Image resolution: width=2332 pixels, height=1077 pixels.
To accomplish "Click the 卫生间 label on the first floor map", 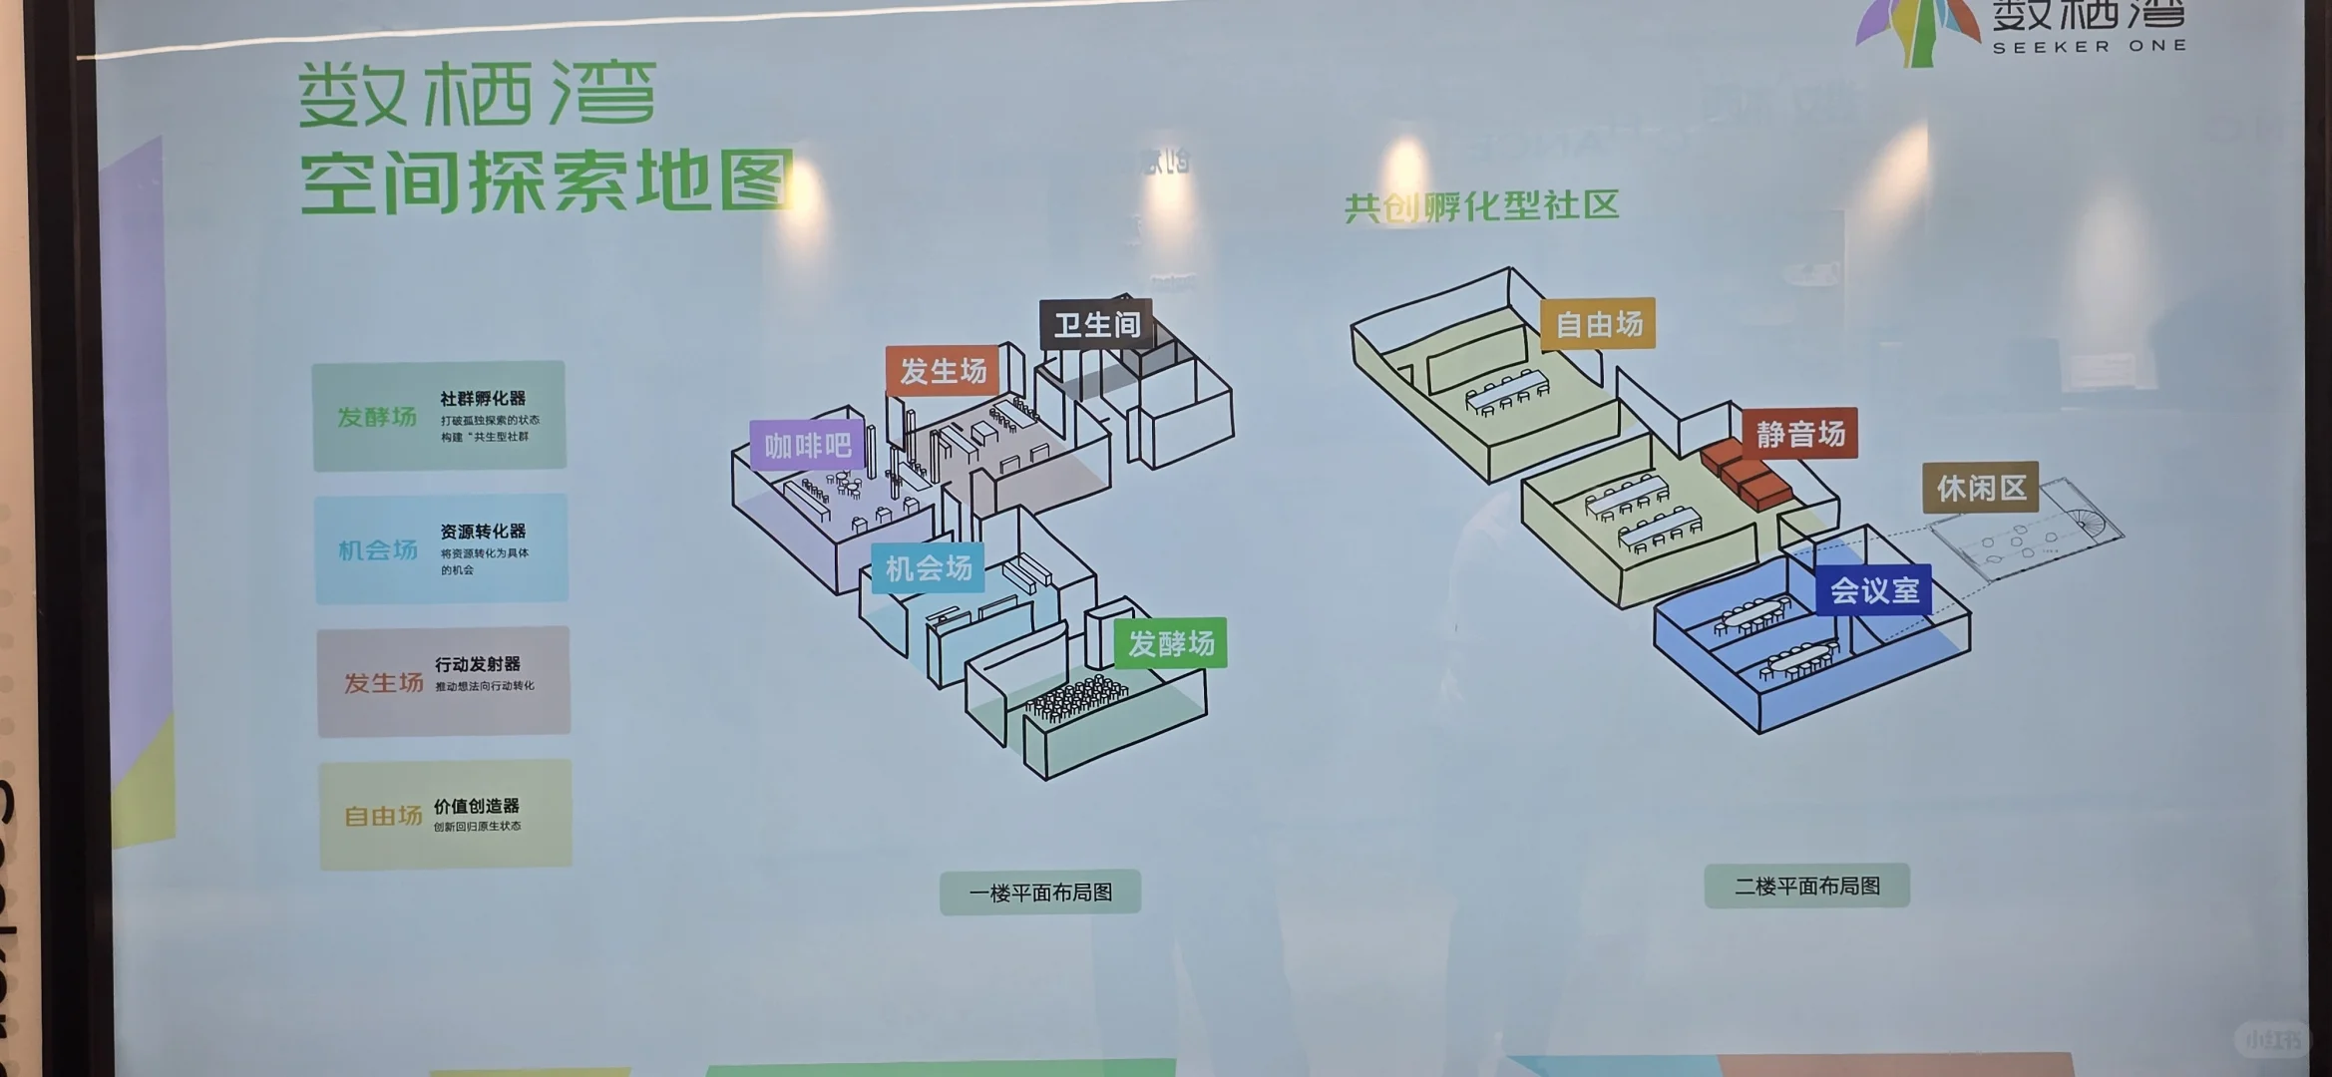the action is tap(1096, 324).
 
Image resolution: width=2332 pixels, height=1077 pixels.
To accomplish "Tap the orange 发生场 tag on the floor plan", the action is tap(943, 371).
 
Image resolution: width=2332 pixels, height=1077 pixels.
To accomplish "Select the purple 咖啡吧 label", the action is tap(807, 445).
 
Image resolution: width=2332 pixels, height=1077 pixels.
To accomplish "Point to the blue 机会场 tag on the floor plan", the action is tap(928, 568).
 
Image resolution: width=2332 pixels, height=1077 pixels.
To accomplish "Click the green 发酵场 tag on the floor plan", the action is tap(1171, 643).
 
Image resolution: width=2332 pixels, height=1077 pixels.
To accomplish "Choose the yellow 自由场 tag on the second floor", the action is tap(1598, 324).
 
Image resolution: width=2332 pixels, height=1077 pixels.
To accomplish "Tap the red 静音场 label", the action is tap(1799, 434).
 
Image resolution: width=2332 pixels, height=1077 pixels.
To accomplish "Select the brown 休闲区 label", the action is tap(1980, 488).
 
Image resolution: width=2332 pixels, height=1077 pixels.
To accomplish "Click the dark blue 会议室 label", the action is tap(1873, 590).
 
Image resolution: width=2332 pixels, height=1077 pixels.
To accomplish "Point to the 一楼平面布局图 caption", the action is tap(1040, 893).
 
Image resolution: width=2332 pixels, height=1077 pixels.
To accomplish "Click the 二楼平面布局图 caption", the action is tap(1806, 886).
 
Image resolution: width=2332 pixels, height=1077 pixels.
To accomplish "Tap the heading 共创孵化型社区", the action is tap(1481, 206).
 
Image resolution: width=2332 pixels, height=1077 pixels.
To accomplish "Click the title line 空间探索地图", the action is tap(547, 181).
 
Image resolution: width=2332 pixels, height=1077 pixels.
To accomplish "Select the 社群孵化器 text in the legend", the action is tap(483, 398).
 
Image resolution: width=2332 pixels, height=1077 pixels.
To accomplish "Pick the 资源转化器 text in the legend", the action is tap(483, 532).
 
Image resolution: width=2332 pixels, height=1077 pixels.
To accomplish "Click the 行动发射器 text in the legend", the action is tap(477, 664).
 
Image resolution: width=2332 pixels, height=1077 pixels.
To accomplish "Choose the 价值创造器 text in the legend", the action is tap(476, 806).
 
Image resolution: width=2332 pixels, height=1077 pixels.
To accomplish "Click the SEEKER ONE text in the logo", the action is tap(2089, 46).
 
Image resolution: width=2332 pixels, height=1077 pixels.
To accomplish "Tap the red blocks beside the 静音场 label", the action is tap(1746, 473).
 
